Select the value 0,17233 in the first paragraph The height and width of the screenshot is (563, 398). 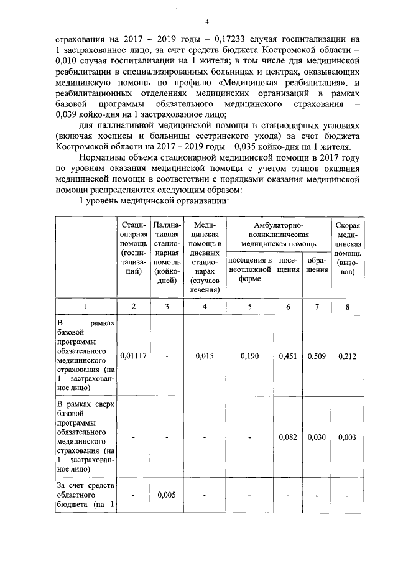tap(205, 37)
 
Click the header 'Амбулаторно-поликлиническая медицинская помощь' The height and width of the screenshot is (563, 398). tap(278, 234)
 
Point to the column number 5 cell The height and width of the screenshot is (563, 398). tap(250, 305)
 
